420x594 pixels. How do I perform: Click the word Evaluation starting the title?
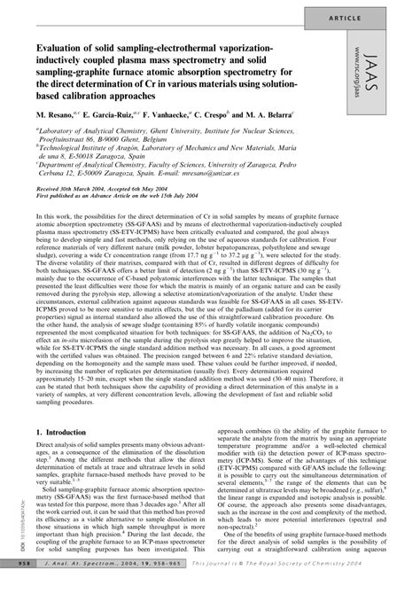[66, 45]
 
